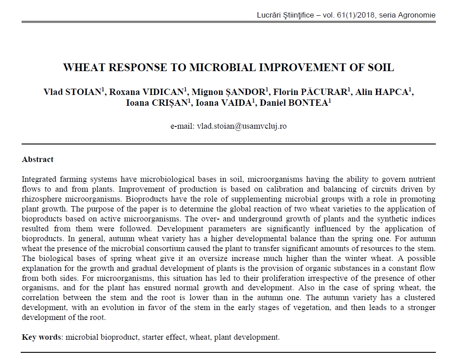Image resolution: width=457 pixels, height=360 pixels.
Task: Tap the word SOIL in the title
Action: point(381,67)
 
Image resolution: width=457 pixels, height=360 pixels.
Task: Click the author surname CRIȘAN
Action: point(170,103)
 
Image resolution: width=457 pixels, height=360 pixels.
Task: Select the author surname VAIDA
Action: point(237,103)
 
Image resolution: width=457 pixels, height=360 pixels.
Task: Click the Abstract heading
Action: point(38,159)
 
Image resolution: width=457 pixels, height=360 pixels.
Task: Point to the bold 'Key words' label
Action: point(41,337)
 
